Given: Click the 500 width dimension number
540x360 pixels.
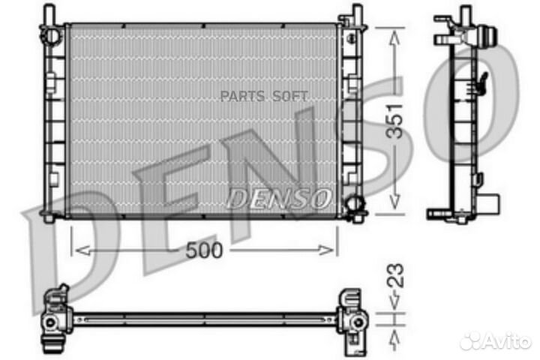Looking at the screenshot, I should (x=205, y=250).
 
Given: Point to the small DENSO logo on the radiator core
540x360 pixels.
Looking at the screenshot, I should (x=277, y=199).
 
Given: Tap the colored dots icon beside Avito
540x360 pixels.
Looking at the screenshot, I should (x=473, y=341).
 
